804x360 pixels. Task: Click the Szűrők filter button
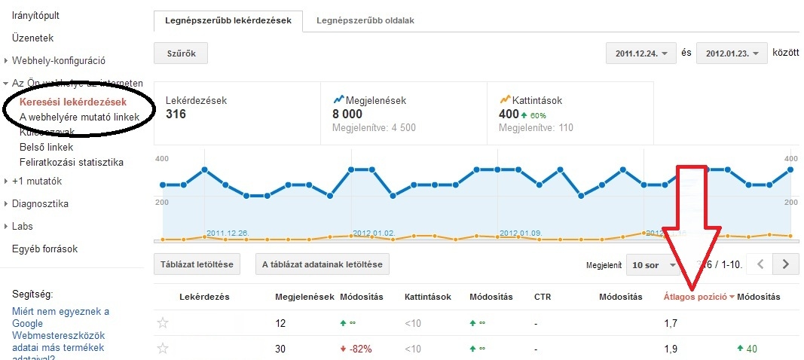coord(180,53)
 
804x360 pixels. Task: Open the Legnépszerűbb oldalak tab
coord(365,21)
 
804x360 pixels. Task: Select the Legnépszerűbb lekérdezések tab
coord(228,21)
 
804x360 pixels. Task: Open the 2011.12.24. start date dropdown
coord(641,53)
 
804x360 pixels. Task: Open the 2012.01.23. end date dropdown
coord(732,53)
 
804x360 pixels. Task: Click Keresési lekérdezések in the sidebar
coord(73,102)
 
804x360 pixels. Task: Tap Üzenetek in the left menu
coord(33,38)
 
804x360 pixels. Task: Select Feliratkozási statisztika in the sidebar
coord(72,162)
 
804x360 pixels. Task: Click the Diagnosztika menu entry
coord(41,203)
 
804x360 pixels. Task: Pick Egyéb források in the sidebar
coord(44,249)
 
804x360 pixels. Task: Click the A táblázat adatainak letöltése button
coord(322,264)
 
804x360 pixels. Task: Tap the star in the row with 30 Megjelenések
coord(162,349)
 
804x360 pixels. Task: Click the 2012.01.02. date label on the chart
coord(373,233)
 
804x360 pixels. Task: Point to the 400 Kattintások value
coord(509,114)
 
